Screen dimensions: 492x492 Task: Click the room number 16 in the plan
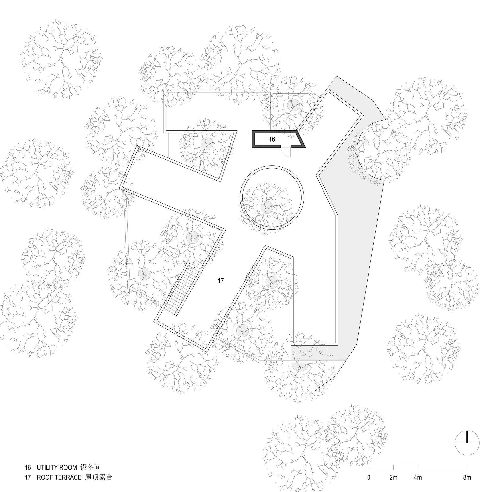[x=272, y=139]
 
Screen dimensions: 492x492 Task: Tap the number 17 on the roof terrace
[x=220, y=281]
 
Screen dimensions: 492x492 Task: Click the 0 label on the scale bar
[x=369, y=477]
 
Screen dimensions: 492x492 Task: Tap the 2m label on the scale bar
[x=393, y=477]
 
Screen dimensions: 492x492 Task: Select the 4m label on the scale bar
[x=418, y=477]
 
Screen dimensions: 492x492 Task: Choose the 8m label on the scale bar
[x=467, y=477]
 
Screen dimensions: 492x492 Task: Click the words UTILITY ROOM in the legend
[x=57, y=468]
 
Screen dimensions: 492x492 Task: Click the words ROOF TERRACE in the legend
[x=59, y=477]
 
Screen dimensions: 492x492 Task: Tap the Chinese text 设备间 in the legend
[x=91, y=468]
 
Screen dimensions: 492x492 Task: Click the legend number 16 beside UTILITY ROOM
[x=28, y=468]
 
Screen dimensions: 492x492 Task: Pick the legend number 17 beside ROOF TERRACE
[x=28, y=477]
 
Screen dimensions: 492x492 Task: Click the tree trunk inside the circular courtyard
[x=267, y=207]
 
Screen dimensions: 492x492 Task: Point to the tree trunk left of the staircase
[x=144, y=274]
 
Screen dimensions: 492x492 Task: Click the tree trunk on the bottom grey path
[x=300, y=366]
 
